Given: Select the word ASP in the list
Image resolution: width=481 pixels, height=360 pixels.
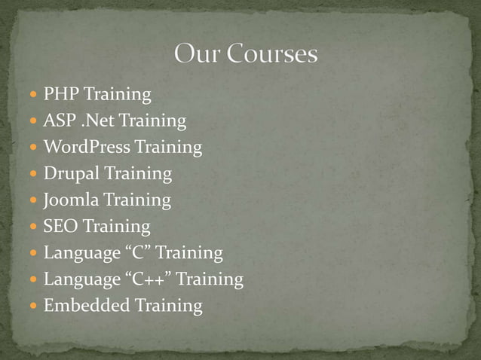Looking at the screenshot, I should (x=58, y=121).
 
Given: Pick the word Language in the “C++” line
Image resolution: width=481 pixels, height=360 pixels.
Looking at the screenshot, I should (x=78, y=280).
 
